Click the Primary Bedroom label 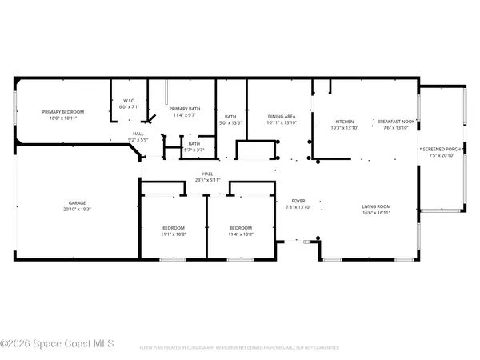[65, 112]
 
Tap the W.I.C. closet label [129, 102]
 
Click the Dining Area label [282, 117]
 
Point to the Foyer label [297, 202]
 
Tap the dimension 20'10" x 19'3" [78, 210]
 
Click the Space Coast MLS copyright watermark [57, 344]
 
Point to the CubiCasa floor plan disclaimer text [240, 348]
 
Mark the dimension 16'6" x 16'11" [376, 213]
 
